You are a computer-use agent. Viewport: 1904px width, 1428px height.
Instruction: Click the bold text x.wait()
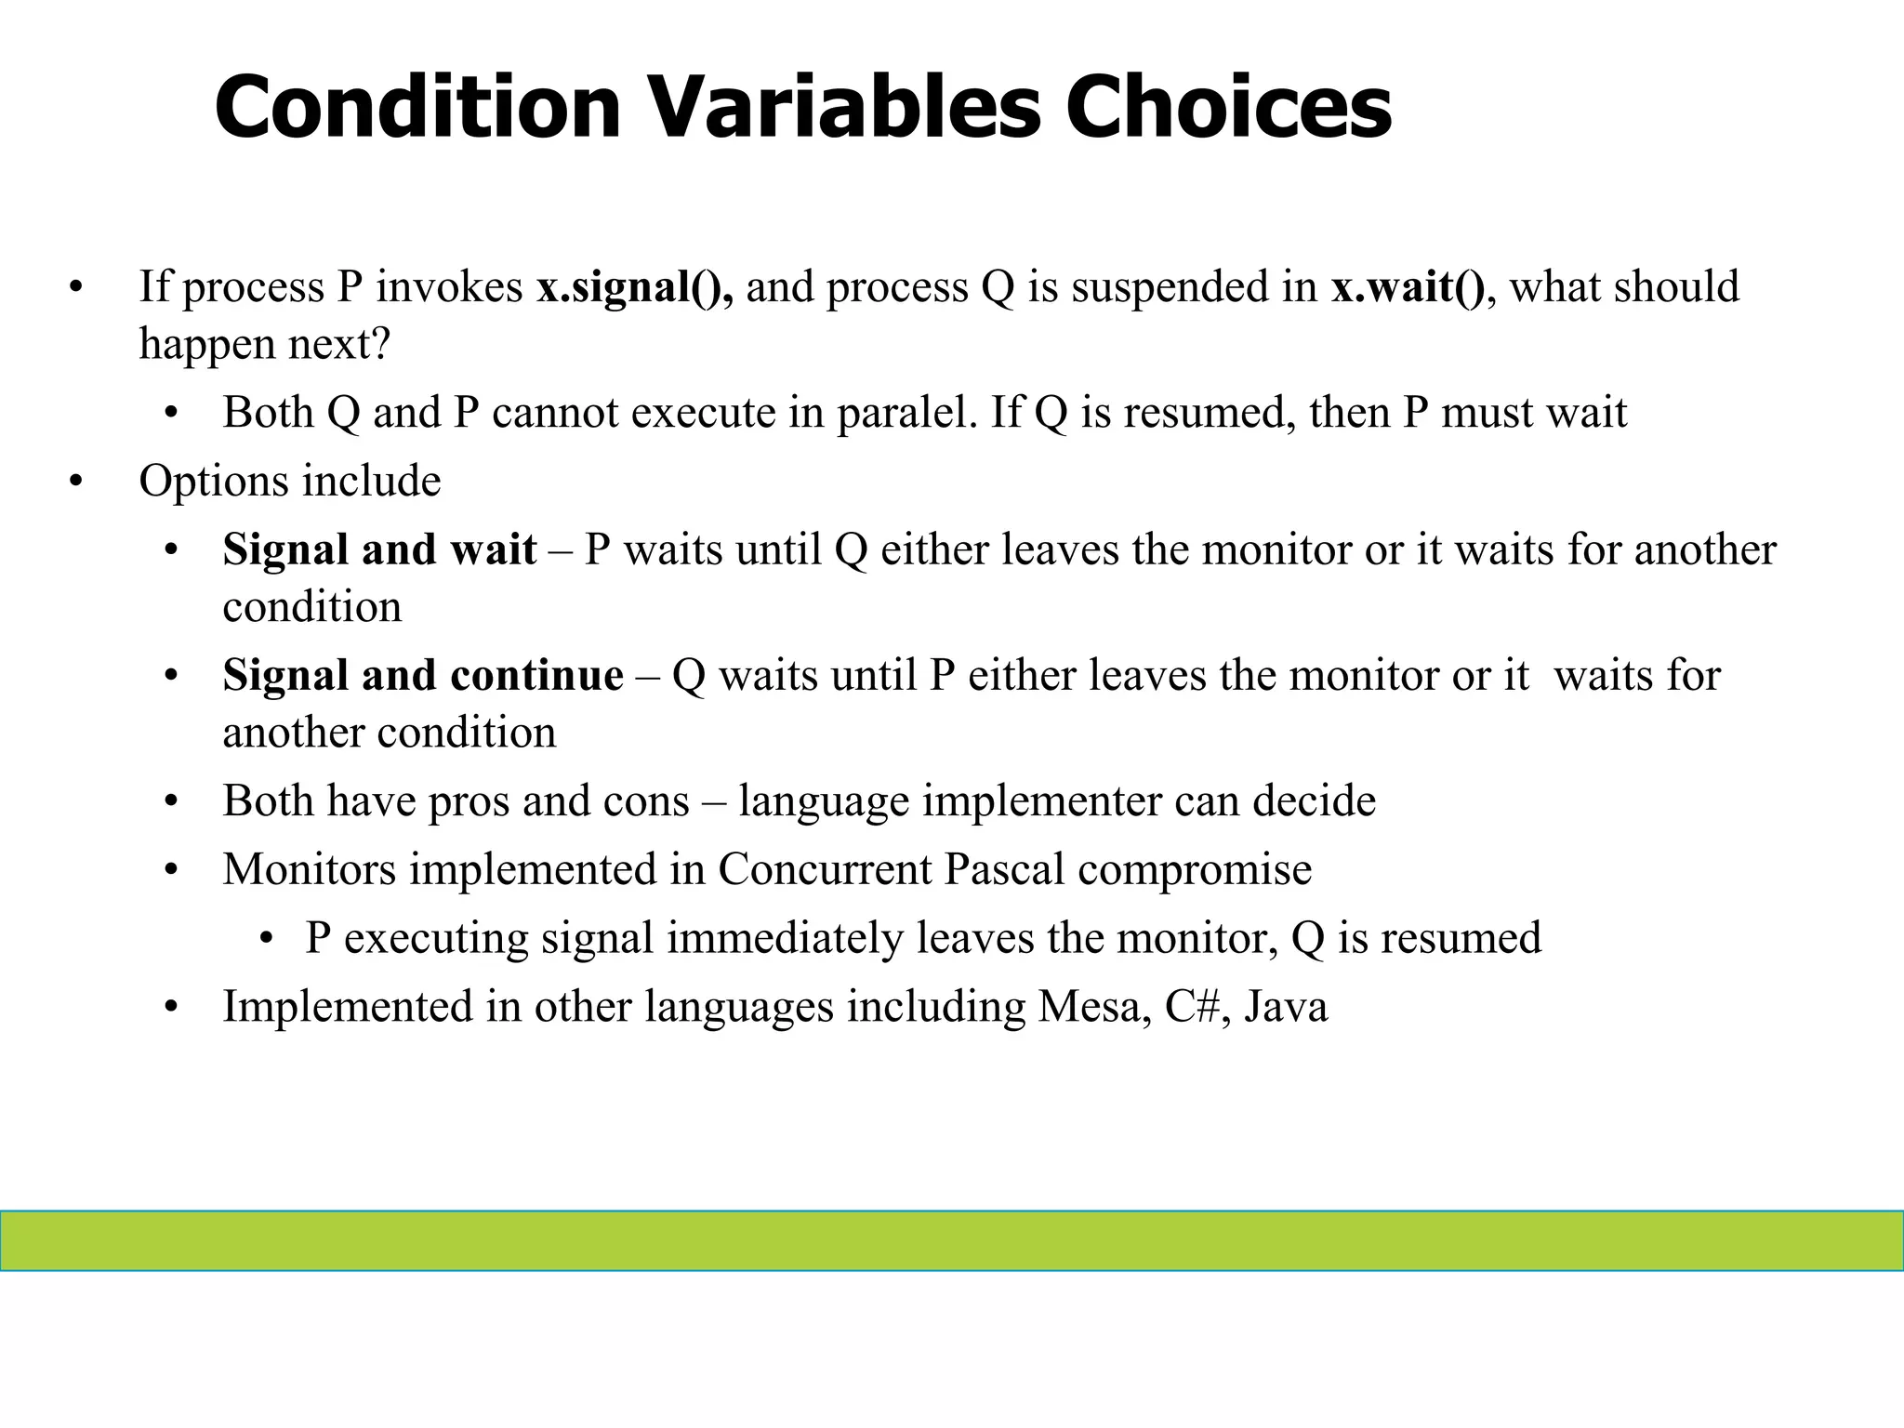1408,286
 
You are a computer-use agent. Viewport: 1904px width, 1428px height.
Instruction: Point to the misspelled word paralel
906,412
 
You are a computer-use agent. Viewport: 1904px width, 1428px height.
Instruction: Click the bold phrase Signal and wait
379,549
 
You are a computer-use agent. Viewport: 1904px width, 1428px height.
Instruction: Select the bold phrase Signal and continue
423,674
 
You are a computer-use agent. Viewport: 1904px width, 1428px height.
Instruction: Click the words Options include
290,481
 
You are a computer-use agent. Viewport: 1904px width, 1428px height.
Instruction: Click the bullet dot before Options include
76,482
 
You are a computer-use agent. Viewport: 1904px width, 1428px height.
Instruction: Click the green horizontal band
952,1240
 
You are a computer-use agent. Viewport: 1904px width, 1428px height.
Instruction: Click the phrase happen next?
265,344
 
